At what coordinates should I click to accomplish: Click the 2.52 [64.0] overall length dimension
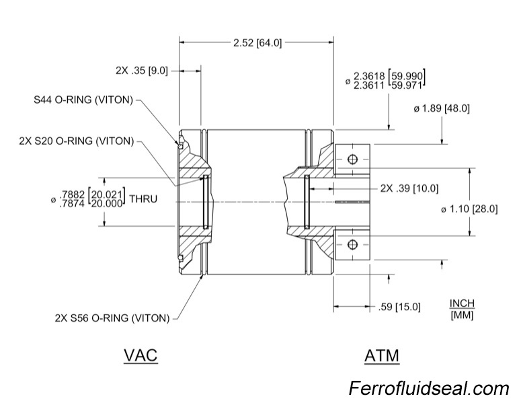click(257, 42)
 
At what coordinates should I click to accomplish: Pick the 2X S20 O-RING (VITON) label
click(77, 141)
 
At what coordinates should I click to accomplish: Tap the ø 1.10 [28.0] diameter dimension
click(469, 209)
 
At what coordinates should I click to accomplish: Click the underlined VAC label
click(141, 355)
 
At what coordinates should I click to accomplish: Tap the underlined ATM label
click(382, 355)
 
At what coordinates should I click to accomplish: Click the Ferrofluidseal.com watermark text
click(429, 388)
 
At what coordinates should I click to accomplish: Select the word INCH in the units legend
click(462, 303)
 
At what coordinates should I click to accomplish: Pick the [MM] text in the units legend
click(462, 315)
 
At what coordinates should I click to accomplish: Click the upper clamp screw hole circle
click(351, 159)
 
